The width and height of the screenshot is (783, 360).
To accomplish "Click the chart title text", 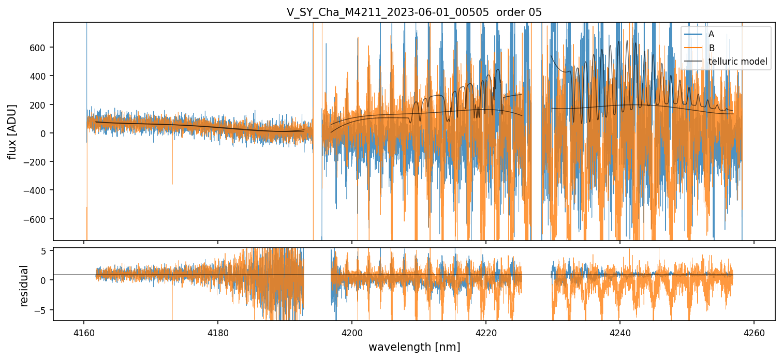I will [414, 12].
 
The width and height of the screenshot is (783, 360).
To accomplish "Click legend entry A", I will [712, 35].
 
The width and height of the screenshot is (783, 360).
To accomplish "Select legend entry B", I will [712, 48].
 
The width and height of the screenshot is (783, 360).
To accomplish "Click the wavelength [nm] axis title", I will [414, 347].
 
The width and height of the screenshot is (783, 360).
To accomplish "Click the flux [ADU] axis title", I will [12, 131].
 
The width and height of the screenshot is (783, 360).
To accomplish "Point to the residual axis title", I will [24, 286].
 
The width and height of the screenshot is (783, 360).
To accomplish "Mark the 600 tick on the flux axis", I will [38, 47].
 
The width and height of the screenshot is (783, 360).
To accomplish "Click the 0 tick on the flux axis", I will [43, 133].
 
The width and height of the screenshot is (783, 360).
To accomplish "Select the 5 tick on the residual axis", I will [44, 251].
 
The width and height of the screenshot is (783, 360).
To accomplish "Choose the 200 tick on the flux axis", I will [38, 104].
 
